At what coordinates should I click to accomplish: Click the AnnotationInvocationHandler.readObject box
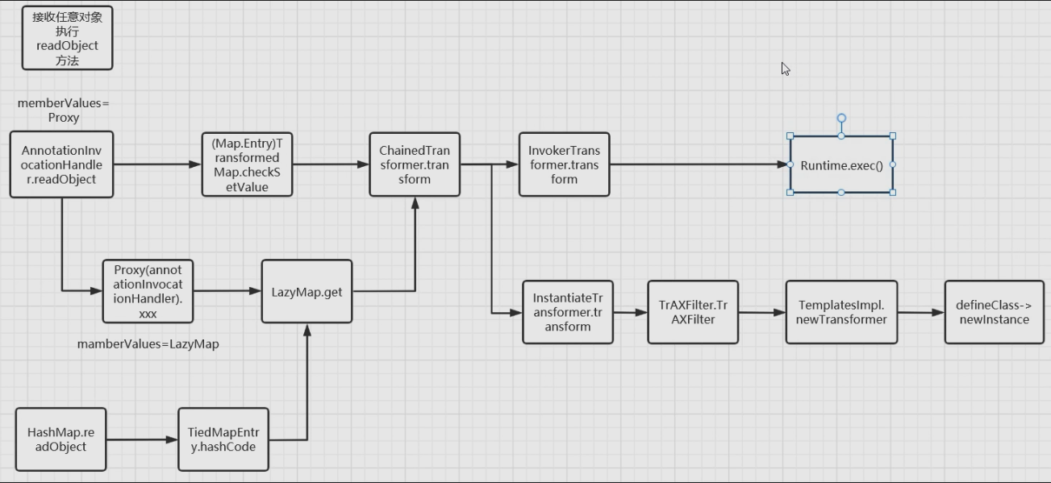[x=61, y=164]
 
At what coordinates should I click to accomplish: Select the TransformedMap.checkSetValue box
[x=247, y=164]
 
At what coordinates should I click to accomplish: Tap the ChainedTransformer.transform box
[x=415, y=164]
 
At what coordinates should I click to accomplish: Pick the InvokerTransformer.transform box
[x=564, y=164]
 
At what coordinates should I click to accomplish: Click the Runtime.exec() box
[x=841, y=164]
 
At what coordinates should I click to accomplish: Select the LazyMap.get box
[x=307, y=291]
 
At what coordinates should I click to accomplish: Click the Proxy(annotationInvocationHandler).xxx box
[x=148, y=291]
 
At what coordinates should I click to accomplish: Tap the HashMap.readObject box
[x=60, y=439]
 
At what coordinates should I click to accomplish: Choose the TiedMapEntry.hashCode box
[x=223, y=439]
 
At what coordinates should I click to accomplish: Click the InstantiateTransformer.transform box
[x=567, y=312]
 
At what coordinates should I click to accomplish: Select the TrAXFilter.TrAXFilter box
[x=693, y=312]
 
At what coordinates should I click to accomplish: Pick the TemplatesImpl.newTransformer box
[x=841, y=312]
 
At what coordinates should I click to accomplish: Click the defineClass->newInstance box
[x=994, y=312]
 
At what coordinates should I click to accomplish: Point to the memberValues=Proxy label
[x=63, y=110]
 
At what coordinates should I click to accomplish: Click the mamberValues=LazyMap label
[x=148, y=344]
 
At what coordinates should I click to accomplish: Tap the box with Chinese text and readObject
[x=67, y=38]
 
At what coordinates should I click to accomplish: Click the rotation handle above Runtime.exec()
[x=841, y=119]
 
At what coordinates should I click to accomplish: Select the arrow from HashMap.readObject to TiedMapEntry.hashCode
[x=142, y=439]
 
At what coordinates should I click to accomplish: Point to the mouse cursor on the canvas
[x=786, y=69]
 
